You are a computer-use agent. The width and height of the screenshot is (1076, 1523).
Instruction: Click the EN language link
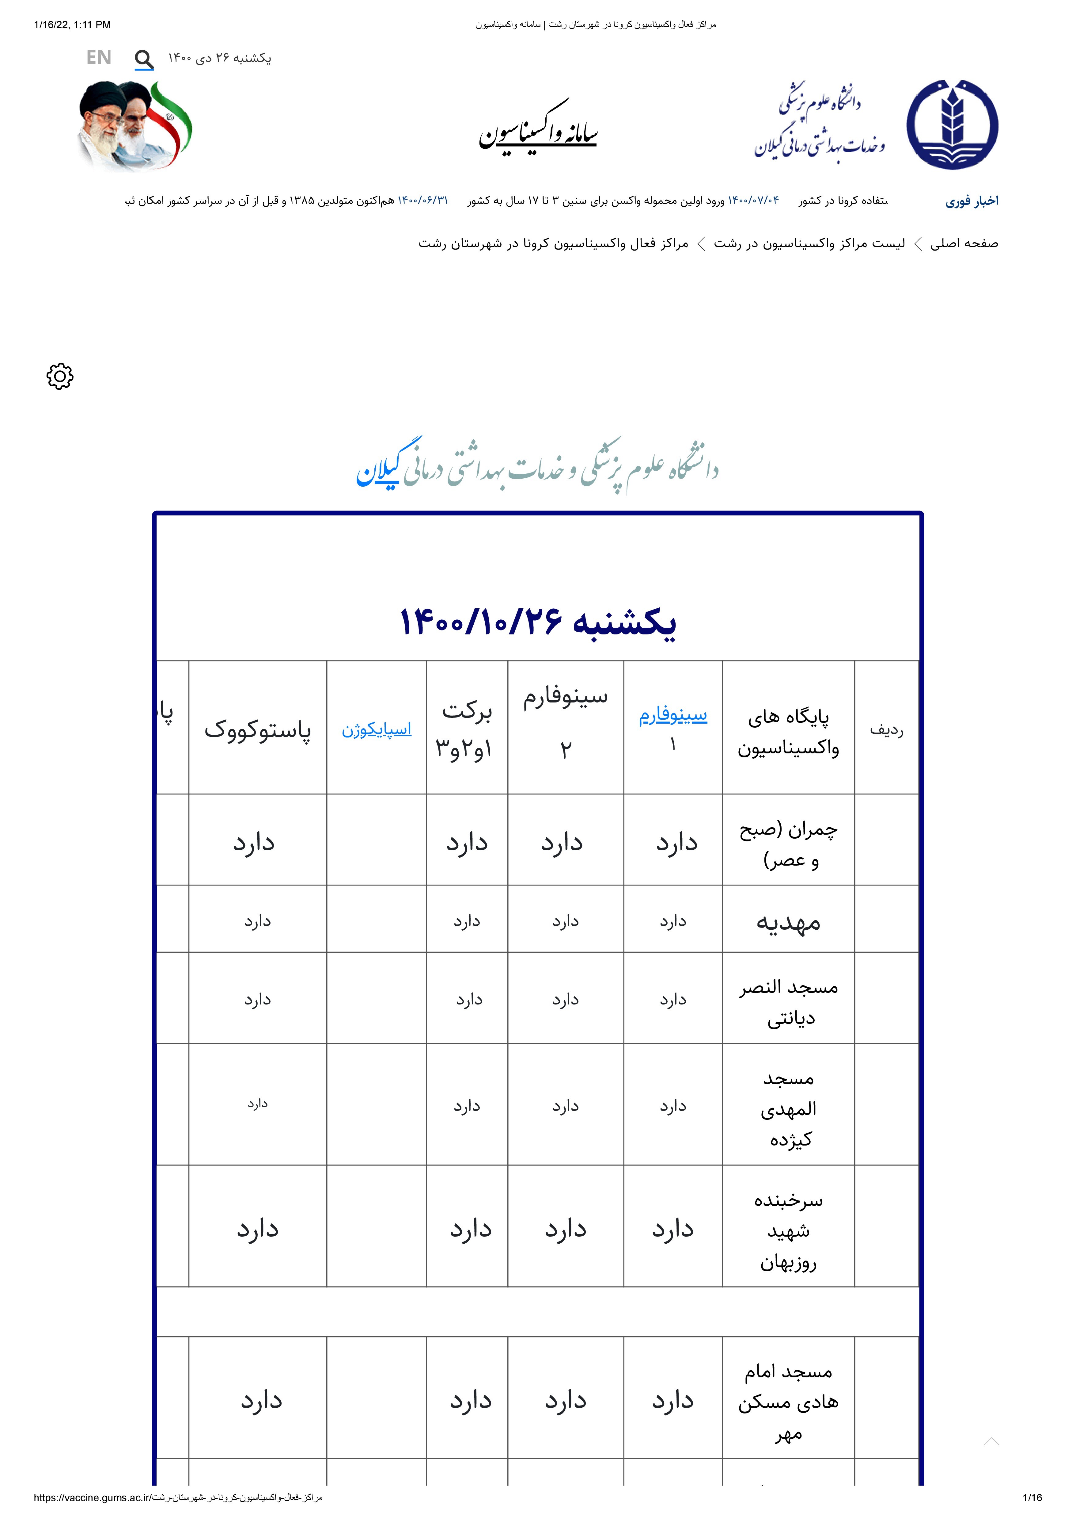tap(99, 58)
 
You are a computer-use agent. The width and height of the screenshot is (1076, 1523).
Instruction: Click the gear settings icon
tap(60, 376)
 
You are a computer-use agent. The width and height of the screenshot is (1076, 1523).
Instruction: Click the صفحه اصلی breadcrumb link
tap(964, 243)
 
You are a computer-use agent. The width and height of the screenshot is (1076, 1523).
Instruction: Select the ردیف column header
tap(886, 730)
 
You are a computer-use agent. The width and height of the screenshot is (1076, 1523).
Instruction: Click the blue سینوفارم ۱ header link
tap(673, 716)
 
